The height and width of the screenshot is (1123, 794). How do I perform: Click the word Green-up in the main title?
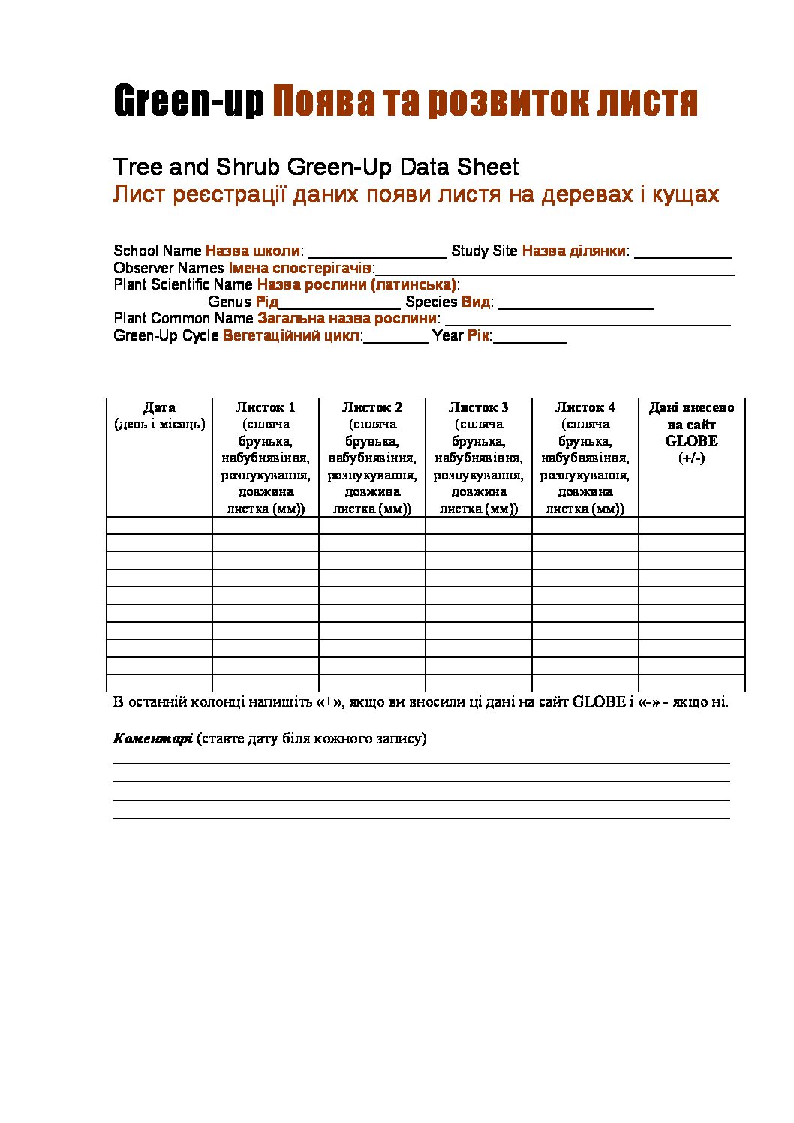click(x=188, y=102)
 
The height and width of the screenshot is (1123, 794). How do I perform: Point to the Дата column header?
click(x=159, y=407)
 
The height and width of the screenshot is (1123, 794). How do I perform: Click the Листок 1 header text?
click(x=266, y=407)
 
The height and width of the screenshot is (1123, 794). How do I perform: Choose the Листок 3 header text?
click(x=479, y=407)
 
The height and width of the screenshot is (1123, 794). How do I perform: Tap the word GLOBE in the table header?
click(x=691, y=441)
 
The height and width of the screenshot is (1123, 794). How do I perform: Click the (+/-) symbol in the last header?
click(x=691, y=458)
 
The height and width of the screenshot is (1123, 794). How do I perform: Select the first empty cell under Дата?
click(x=159, y=525)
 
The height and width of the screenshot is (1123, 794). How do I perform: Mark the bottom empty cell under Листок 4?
click(x=585, y=683)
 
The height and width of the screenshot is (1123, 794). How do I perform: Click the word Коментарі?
click(x=152, y=738)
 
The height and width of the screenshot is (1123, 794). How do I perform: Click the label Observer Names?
click(x=169, y=268)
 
